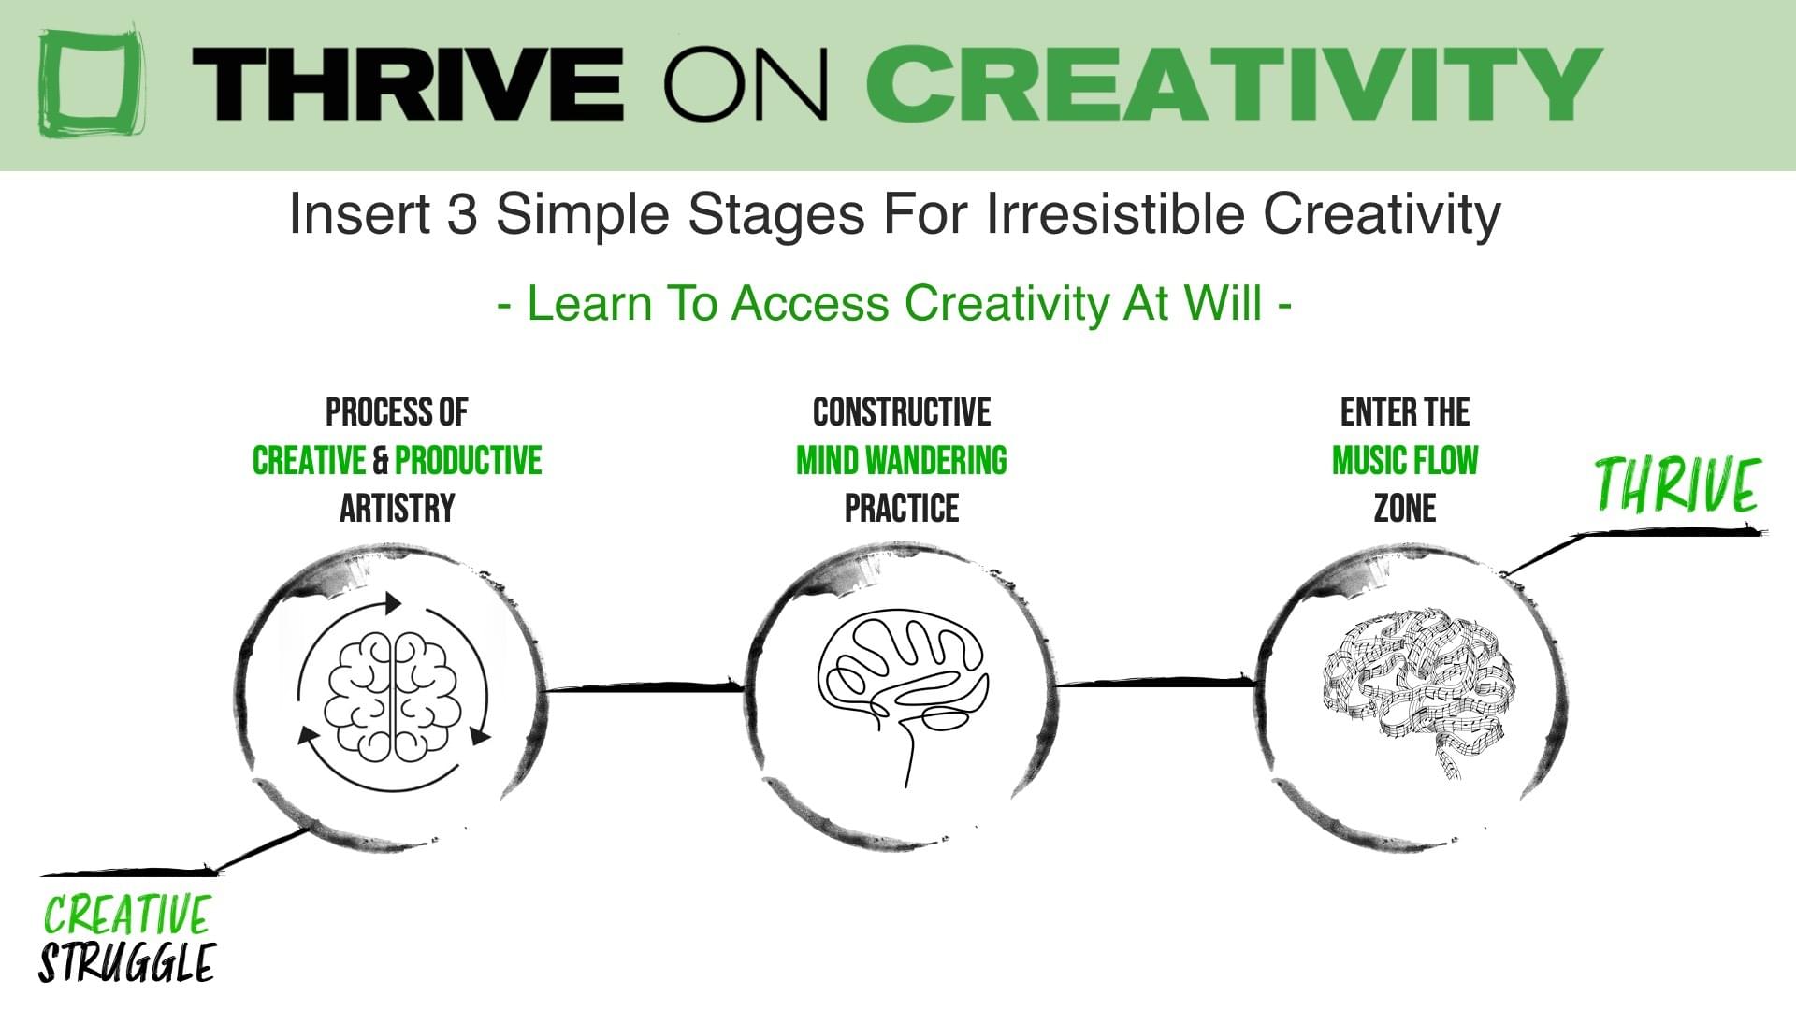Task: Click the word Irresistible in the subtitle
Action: coord(1115,213)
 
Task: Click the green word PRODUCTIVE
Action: coord(468,460)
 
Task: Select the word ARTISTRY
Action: coord(397,509)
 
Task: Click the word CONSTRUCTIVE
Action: coord(902,412)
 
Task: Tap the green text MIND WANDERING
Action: coord(902,460)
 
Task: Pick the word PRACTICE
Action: coord(902,509)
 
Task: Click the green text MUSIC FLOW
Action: coord(1405,460)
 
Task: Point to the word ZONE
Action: coord(1405,509)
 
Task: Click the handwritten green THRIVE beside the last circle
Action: coord(1677,484)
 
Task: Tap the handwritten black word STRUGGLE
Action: coord(127,963)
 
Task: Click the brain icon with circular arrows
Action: coord(393,692)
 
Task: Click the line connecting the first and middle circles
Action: coord(645,687)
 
